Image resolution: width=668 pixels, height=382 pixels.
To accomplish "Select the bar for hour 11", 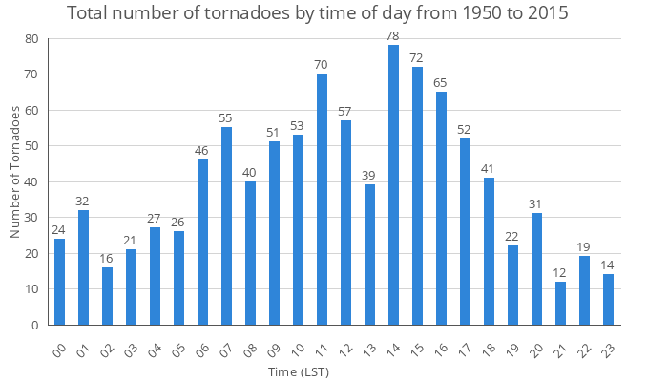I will coord(322,200).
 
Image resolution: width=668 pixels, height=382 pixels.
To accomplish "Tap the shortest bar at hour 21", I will coord(560,303).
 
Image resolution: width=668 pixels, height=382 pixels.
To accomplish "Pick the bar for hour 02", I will coord(107,296).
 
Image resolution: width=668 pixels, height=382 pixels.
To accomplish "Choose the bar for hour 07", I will coord(226,226).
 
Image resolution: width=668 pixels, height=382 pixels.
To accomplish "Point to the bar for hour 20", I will coord(536,269).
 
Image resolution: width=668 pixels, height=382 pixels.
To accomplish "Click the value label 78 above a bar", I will coord(393,36).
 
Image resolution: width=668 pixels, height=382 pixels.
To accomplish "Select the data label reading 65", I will coord(441,83).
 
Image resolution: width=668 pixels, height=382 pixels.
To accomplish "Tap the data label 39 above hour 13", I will coord(369,176).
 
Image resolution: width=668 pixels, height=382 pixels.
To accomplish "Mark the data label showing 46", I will coord(202,151).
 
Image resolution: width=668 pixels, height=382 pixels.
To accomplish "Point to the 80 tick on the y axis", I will coord(31,39).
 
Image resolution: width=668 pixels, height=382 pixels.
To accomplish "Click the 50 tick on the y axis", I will coord(31,146).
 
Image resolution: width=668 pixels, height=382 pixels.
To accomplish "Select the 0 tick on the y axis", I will coord(35,325).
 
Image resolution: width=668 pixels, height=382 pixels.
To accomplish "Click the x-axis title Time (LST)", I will coord(300,371).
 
